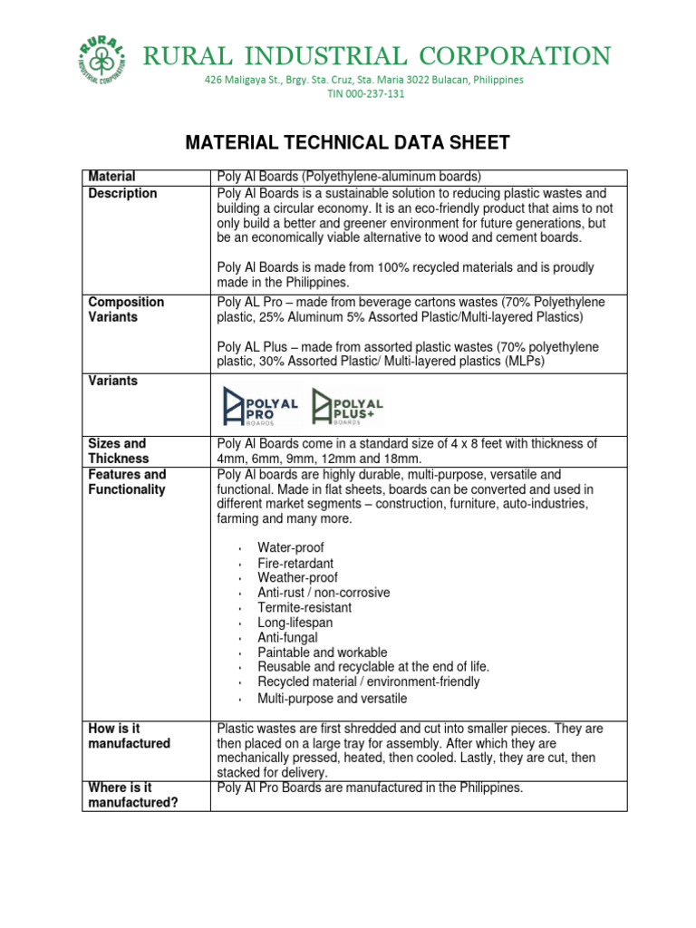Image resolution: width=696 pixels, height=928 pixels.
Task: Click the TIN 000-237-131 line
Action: (364, 94)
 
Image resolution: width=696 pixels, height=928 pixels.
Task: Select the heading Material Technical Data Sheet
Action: (347, 142)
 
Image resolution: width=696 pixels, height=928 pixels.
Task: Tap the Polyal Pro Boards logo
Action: (260, 406)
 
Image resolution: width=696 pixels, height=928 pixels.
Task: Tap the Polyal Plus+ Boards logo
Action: (348, 406)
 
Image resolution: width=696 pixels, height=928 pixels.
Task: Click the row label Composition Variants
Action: (126, 310)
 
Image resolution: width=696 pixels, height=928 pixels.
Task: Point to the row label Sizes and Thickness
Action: (118, 451)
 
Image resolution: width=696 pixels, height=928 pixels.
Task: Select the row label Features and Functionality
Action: (127, 482)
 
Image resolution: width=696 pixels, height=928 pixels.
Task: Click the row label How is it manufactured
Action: (129, 736)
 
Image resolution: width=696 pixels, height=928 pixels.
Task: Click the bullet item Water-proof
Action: (290, 548)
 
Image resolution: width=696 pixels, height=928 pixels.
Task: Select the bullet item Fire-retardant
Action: (295, 563)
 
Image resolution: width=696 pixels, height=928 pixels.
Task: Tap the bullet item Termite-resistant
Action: (304, 607)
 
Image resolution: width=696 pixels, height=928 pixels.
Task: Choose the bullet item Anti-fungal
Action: (287, 637)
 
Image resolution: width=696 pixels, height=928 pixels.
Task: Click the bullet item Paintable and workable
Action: (322, 652)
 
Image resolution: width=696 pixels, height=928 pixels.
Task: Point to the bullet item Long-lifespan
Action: (295, 623)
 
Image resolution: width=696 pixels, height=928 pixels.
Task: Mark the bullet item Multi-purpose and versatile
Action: (332, 699)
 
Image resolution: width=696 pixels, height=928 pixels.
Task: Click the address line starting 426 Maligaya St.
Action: (364, 80)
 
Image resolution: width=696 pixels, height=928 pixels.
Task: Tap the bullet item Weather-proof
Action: (297, 577)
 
